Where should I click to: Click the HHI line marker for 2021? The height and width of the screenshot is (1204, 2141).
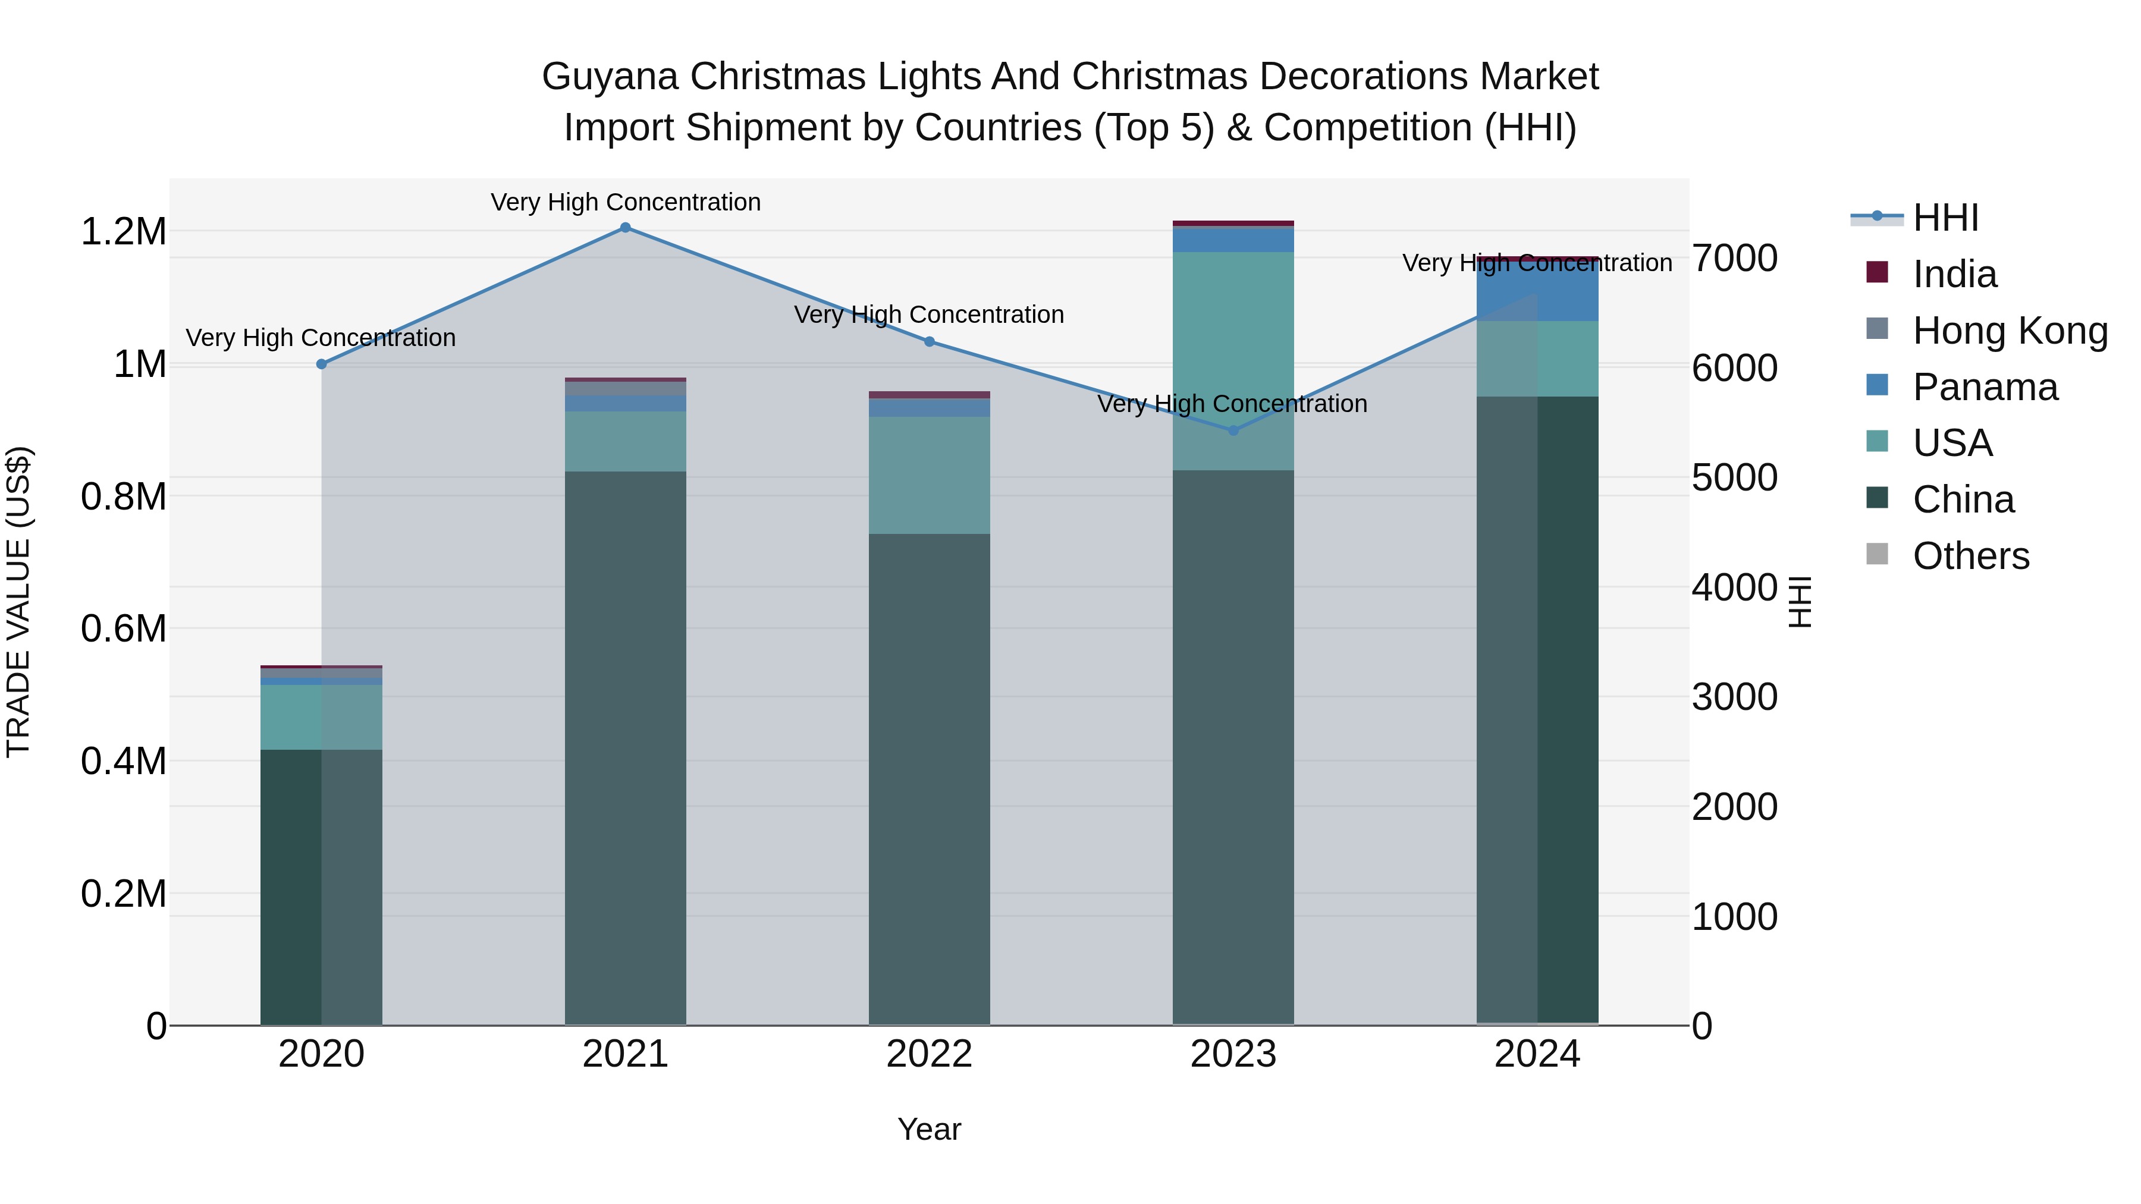pos(625,228)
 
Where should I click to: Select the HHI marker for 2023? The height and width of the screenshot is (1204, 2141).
pos(1233,430)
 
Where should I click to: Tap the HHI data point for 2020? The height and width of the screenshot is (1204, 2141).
pos(322,364)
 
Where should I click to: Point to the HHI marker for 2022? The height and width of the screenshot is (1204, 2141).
pos(929,341)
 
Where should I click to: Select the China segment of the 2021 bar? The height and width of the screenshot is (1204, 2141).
pos(625,748)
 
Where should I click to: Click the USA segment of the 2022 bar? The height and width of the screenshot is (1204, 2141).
pos(929,475)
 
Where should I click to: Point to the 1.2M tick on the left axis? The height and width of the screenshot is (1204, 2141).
pos(123,232)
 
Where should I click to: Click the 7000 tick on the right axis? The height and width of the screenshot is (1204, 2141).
pos(1735,259)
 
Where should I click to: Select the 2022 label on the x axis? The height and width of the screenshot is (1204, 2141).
pos(929,1054)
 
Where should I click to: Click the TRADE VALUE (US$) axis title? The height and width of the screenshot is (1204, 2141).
pos(18,602)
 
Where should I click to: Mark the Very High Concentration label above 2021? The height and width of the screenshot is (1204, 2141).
pos(625,203)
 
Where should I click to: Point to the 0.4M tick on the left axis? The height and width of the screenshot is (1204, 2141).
pos(123,761)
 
